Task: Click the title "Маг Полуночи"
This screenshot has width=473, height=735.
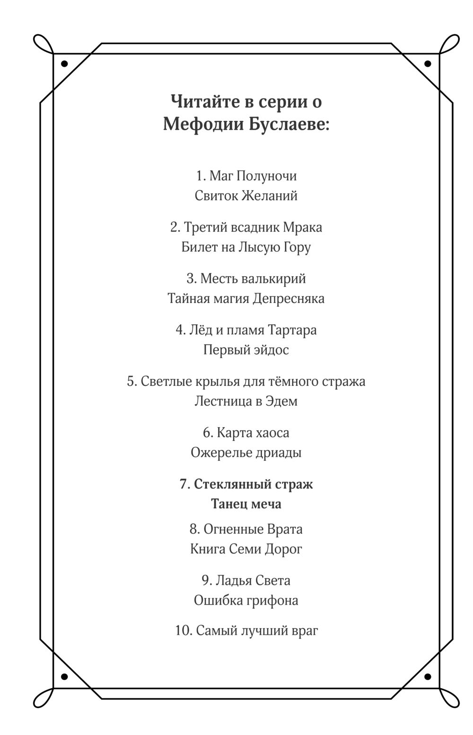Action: [253, 176]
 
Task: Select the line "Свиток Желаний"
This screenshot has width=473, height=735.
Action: [246, 196]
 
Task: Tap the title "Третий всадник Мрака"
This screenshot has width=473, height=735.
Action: [253, 227]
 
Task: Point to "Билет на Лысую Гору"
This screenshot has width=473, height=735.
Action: [246, 247]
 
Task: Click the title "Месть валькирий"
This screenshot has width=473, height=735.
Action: [253, 278]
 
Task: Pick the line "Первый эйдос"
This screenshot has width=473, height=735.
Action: [246, 350]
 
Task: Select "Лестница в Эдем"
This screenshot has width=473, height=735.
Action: [246, 401]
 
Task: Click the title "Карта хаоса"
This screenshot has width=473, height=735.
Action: [253, 432]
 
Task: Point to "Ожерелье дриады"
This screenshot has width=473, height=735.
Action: [246, 453]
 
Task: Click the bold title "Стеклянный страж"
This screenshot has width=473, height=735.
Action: [253, 484]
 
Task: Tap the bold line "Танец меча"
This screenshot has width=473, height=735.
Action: [246, 504]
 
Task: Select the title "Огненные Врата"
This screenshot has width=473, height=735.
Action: [253, 529]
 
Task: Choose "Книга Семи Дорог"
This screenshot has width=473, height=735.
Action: [246, 549]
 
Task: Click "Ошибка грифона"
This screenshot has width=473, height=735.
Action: [246, 601]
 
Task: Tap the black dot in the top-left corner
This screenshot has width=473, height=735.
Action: [64, 63]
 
